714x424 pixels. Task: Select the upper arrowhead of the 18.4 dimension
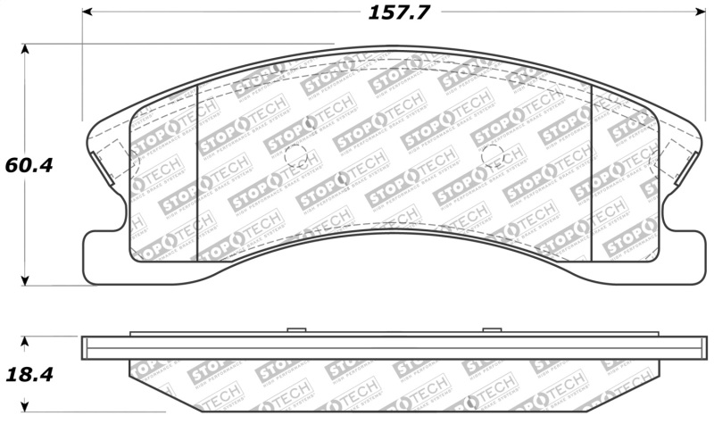coord(25,342)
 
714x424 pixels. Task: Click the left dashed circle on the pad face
coord(295,156)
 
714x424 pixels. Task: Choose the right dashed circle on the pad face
coord(492,156)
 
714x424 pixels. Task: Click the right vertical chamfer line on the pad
coord(592,170)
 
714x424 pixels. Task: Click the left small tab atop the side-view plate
coord(290,331)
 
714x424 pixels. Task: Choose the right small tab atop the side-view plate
coord(491,331)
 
